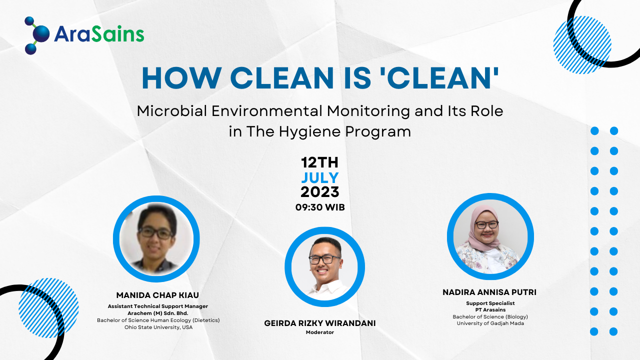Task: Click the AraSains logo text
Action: coord(99,34)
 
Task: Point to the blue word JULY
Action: coord(320,177)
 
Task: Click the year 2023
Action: coord(320,192)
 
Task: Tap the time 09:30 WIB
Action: coord(320,207)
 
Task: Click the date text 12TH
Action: coord(319,162)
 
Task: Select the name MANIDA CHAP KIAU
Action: coord(157,295)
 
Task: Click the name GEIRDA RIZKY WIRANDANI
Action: coord(319,323)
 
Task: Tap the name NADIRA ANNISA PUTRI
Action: coord(489,292)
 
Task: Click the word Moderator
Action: coord(319,332)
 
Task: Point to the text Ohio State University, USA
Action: coord(158,327)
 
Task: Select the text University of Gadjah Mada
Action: coord(490,323)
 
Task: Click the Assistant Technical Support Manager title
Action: coord(157,306)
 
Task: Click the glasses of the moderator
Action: coord(324,259)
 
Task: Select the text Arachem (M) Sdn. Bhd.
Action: coord(157,313)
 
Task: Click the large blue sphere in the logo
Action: coord(41,34)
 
